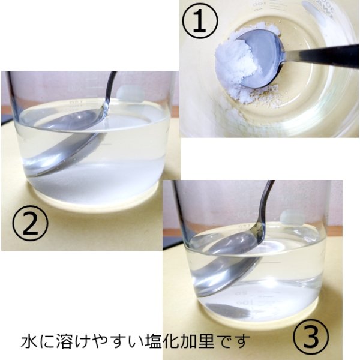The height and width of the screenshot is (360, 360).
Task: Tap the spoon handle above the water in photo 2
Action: point(110,90)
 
